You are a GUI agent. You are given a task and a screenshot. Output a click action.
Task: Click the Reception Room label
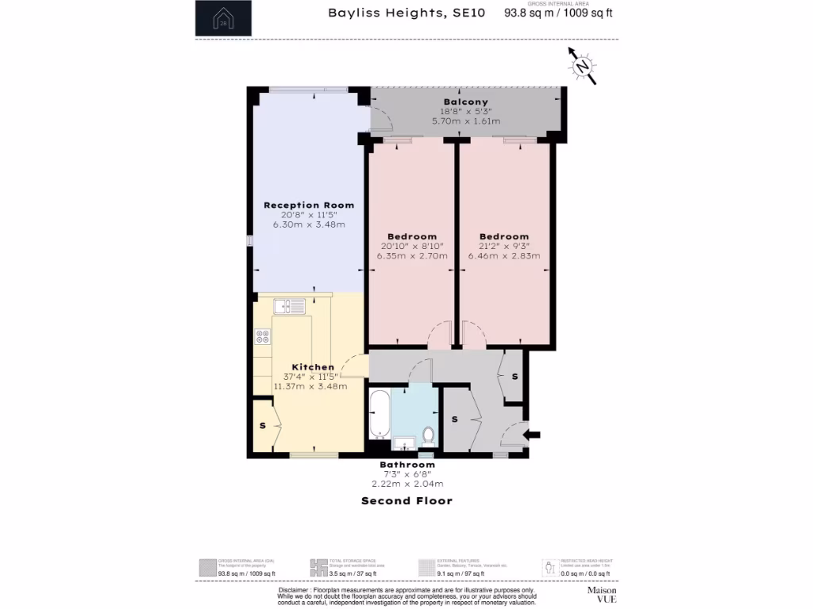click(309, 205)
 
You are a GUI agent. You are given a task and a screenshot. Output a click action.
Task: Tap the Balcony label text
click(466, 101)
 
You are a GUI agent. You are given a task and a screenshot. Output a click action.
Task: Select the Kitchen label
click(313, 367)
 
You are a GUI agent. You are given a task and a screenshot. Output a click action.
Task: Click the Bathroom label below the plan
click(406, 465)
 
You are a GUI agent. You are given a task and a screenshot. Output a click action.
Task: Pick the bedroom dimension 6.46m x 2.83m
click(504, 256)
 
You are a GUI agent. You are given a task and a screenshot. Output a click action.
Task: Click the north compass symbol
click(583, 67)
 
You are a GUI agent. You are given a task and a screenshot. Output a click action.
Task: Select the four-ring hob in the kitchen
click(263, 336)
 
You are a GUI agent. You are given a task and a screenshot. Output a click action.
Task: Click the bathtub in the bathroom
click(379, 415)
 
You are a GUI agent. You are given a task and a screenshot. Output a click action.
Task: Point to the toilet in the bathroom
click(428, 435)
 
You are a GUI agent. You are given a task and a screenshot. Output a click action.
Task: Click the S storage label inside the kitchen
click(262, 426)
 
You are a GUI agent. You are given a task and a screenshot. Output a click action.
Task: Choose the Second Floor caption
click(406, 500)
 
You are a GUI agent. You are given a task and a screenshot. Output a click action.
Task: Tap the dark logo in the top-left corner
click(223, 18)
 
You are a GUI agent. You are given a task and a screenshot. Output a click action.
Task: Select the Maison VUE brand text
click(602, 596)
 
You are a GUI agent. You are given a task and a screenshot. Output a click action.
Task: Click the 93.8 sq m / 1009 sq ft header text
click(559, 13)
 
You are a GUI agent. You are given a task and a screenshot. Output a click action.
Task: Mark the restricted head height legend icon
click(549, 567)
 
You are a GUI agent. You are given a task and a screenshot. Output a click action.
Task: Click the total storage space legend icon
click(318, 567)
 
